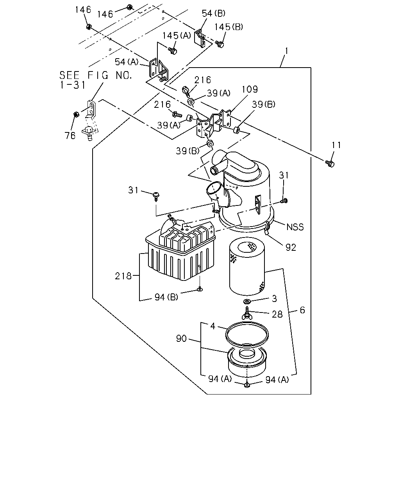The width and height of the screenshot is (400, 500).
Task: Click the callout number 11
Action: [x=336, y=145]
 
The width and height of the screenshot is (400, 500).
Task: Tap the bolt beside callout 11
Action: [x=330, y=164]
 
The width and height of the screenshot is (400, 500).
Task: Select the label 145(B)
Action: [x=229, y=27]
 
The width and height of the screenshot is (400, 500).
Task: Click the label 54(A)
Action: [x=127, y=62]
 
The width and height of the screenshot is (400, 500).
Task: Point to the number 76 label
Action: [x=70, y=136]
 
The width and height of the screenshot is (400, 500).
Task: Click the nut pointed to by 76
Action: [x=76, y=114]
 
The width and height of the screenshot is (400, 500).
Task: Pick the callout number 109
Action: [x=250, y=89]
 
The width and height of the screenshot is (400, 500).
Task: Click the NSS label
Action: [x=295, y=227]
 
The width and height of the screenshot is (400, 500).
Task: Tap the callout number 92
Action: [x=291, y=248]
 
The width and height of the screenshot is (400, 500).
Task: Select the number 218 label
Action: [x=123, y=276]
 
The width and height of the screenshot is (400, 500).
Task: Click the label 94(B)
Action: [x=166, y=297]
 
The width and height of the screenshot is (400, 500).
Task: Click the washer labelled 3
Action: [x=246, y=302]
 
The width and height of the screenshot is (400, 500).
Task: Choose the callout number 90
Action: [x=181, y=339]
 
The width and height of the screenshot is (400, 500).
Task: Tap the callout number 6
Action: [x=302, y=310]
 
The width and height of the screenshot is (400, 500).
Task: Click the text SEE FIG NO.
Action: [x=96, y=75]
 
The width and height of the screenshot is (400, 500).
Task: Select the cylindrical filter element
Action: [x=247, y=267]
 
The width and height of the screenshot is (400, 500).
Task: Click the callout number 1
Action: [x=287, y=51]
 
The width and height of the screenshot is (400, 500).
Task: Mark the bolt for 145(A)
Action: [x=172, y=50]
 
